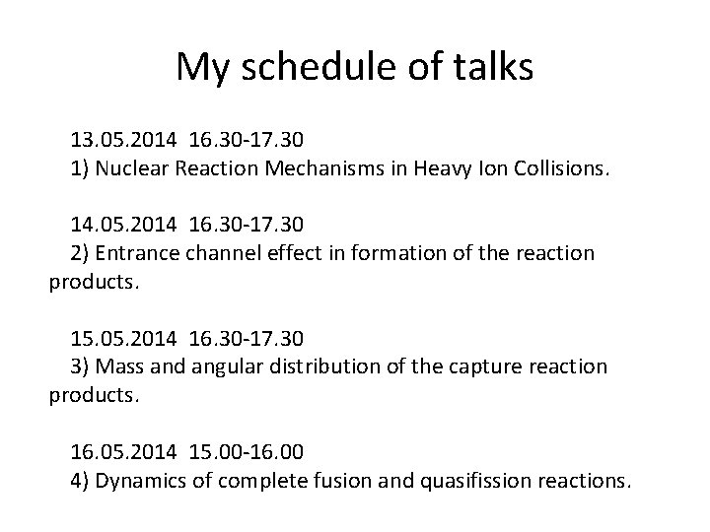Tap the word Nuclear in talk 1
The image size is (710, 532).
pyautogui.click(x=134, y=168)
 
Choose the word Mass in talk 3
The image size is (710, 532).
pyautogui.click(x=119, y=366)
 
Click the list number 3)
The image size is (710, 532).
pyautogui.click(x=82, y=366)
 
